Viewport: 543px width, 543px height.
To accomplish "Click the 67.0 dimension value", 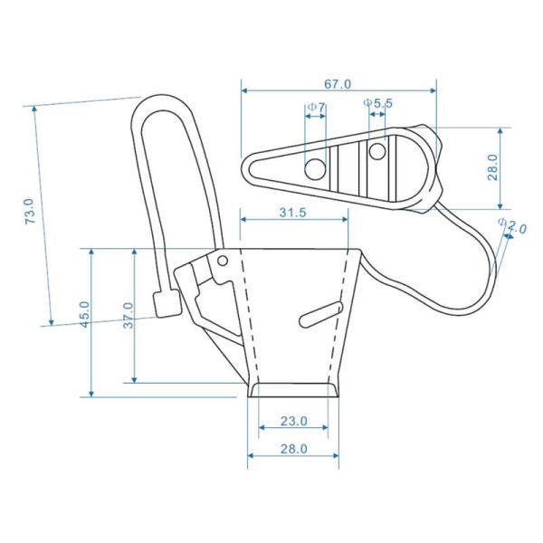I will click(x=337, y=84).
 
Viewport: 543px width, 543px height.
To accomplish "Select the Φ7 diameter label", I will click(x=317, y=108).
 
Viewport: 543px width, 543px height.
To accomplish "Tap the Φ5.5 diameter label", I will click(x=377, y=103).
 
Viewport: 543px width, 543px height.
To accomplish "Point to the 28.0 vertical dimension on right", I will click(x=492, y=167).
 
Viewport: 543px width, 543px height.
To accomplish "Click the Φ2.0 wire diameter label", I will click(x=512, y=227).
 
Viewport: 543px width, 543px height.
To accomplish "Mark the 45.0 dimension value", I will click(x=84, y=316).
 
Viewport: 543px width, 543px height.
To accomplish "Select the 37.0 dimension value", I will click(x=128, y=316).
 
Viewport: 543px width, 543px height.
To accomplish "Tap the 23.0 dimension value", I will click(x=293, y=421).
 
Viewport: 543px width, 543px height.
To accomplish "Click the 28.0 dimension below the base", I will click(x=293, y=448).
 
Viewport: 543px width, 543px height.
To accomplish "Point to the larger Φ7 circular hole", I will click(x=314, y=168).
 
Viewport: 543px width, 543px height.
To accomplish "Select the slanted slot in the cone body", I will click(x=319, y=312).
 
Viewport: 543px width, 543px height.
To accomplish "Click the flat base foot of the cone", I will click(x=294, y=390).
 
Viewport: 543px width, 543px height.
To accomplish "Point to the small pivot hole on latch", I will click(x=222, y=261).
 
